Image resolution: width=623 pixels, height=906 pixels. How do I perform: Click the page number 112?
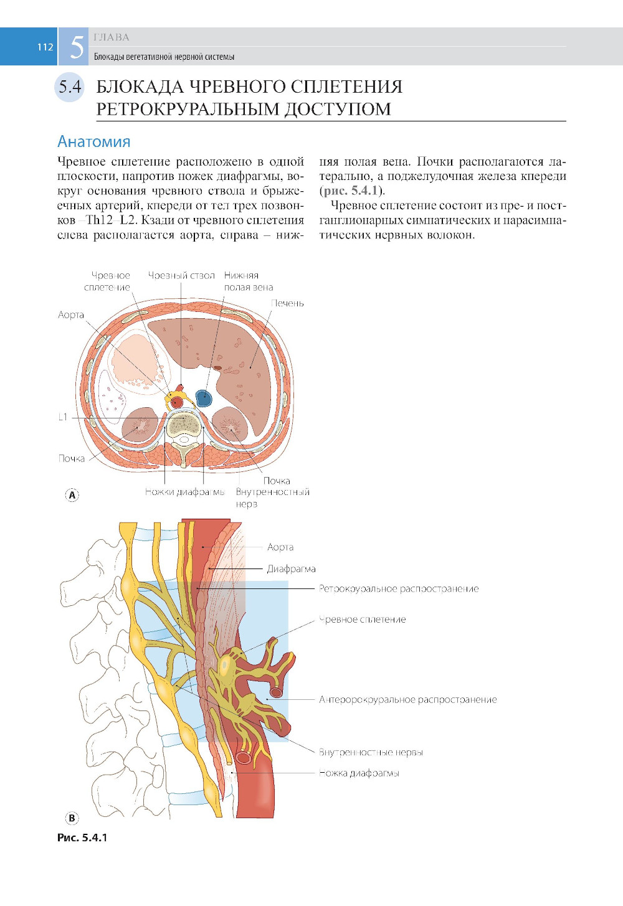(45, 47)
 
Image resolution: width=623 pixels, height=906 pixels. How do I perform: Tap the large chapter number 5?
(77, 47)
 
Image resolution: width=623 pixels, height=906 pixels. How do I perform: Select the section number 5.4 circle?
(70, 87)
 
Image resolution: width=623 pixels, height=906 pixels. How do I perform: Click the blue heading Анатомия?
(94, 142)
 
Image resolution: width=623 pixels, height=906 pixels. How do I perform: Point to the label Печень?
(287, 303)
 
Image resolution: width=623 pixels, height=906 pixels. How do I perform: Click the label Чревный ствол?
(181, 275)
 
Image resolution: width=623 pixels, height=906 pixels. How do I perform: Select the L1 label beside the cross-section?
(63, 417)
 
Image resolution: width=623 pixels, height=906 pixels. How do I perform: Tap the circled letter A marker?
(72, 495)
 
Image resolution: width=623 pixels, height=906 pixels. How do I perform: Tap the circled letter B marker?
(72, 818)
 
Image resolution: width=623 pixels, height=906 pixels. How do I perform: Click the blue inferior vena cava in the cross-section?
(203, 397)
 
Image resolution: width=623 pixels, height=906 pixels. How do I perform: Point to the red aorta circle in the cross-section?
(178, 402)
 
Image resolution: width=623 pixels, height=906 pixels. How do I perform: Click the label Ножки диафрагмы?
(184, 492)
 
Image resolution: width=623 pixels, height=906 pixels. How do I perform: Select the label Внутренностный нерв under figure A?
(272, 498)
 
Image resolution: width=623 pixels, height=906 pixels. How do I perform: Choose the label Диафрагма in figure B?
(291, 569)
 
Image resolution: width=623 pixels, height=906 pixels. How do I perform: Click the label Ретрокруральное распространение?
(399, 588)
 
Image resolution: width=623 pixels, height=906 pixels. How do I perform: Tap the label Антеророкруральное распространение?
(407, 699)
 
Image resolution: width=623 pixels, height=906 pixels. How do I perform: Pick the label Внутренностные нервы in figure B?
(371, 752)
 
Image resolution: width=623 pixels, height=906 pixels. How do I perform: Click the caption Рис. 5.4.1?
(82, 838)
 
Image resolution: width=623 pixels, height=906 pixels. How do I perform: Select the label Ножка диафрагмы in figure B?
(359, 773)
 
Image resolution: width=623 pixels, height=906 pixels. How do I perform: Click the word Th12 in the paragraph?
(98, 220)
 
